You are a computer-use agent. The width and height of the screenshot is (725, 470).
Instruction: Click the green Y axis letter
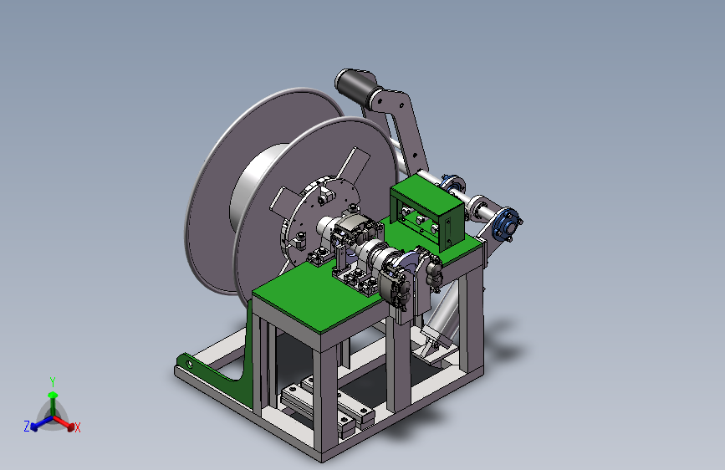pos(53,381)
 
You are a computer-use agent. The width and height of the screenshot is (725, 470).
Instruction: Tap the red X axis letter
pos(77,427)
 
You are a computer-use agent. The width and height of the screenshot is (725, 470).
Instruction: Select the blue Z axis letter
pos(27,426)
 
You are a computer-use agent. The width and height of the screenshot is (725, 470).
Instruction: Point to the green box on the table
pos(426,215)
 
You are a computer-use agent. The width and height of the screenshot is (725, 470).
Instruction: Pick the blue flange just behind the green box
pos(452,184)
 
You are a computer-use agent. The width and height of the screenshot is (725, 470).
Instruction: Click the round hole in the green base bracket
pos(189,364)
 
